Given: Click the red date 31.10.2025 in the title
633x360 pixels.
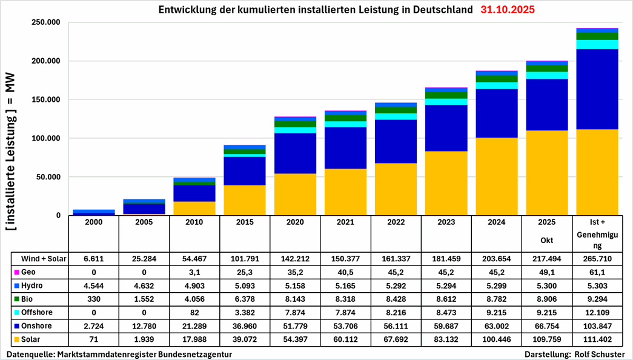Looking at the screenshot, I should click(508, 10).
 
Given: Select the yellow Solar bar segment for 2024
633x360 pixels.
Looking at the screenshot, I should click(496, 176).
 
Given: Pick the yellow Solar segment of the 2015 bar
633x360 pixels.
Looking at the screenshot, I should click(244, 200).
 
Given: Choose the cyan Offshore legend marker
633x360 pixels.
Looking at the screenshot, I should click(15, 312).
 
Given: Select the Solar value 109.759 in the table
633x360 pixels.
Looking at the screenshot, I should click(546, 339).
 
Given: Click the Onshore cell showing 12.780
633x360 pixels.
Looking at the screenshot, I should click(144, 325).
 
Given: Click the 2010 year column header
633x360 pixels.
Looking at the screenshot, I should click(194, 223).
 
